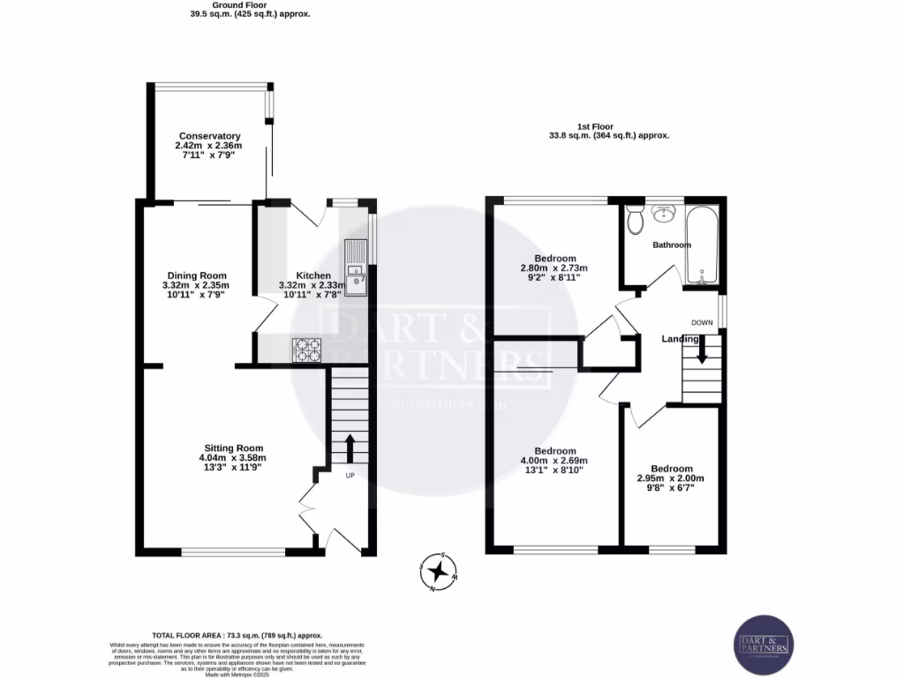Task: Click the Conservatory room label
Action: tap(208, 136)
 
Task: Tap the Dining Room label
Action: tap(195, 275)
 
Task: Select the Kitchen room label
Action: tap(313, 275)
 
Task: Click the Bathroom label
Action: tap(672, 245)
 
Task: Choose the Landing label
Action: tap(681, 339)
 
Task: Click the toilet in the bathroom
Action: tap(633, 220)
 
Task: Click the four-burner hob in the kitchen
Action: tap(306, 350)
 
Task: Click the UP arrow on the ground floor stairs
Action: tap(350, 448)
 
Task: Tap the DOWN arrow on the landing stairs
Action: tap(703, 350)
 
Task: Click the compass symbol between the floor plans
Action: tap(439, 570)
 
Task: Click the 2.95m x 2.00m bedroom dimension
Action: tap(672, 478)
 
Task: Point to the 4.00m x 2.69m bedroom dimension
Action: tap(554, 460)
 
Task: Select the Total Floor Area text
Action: tap(237, 636)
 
